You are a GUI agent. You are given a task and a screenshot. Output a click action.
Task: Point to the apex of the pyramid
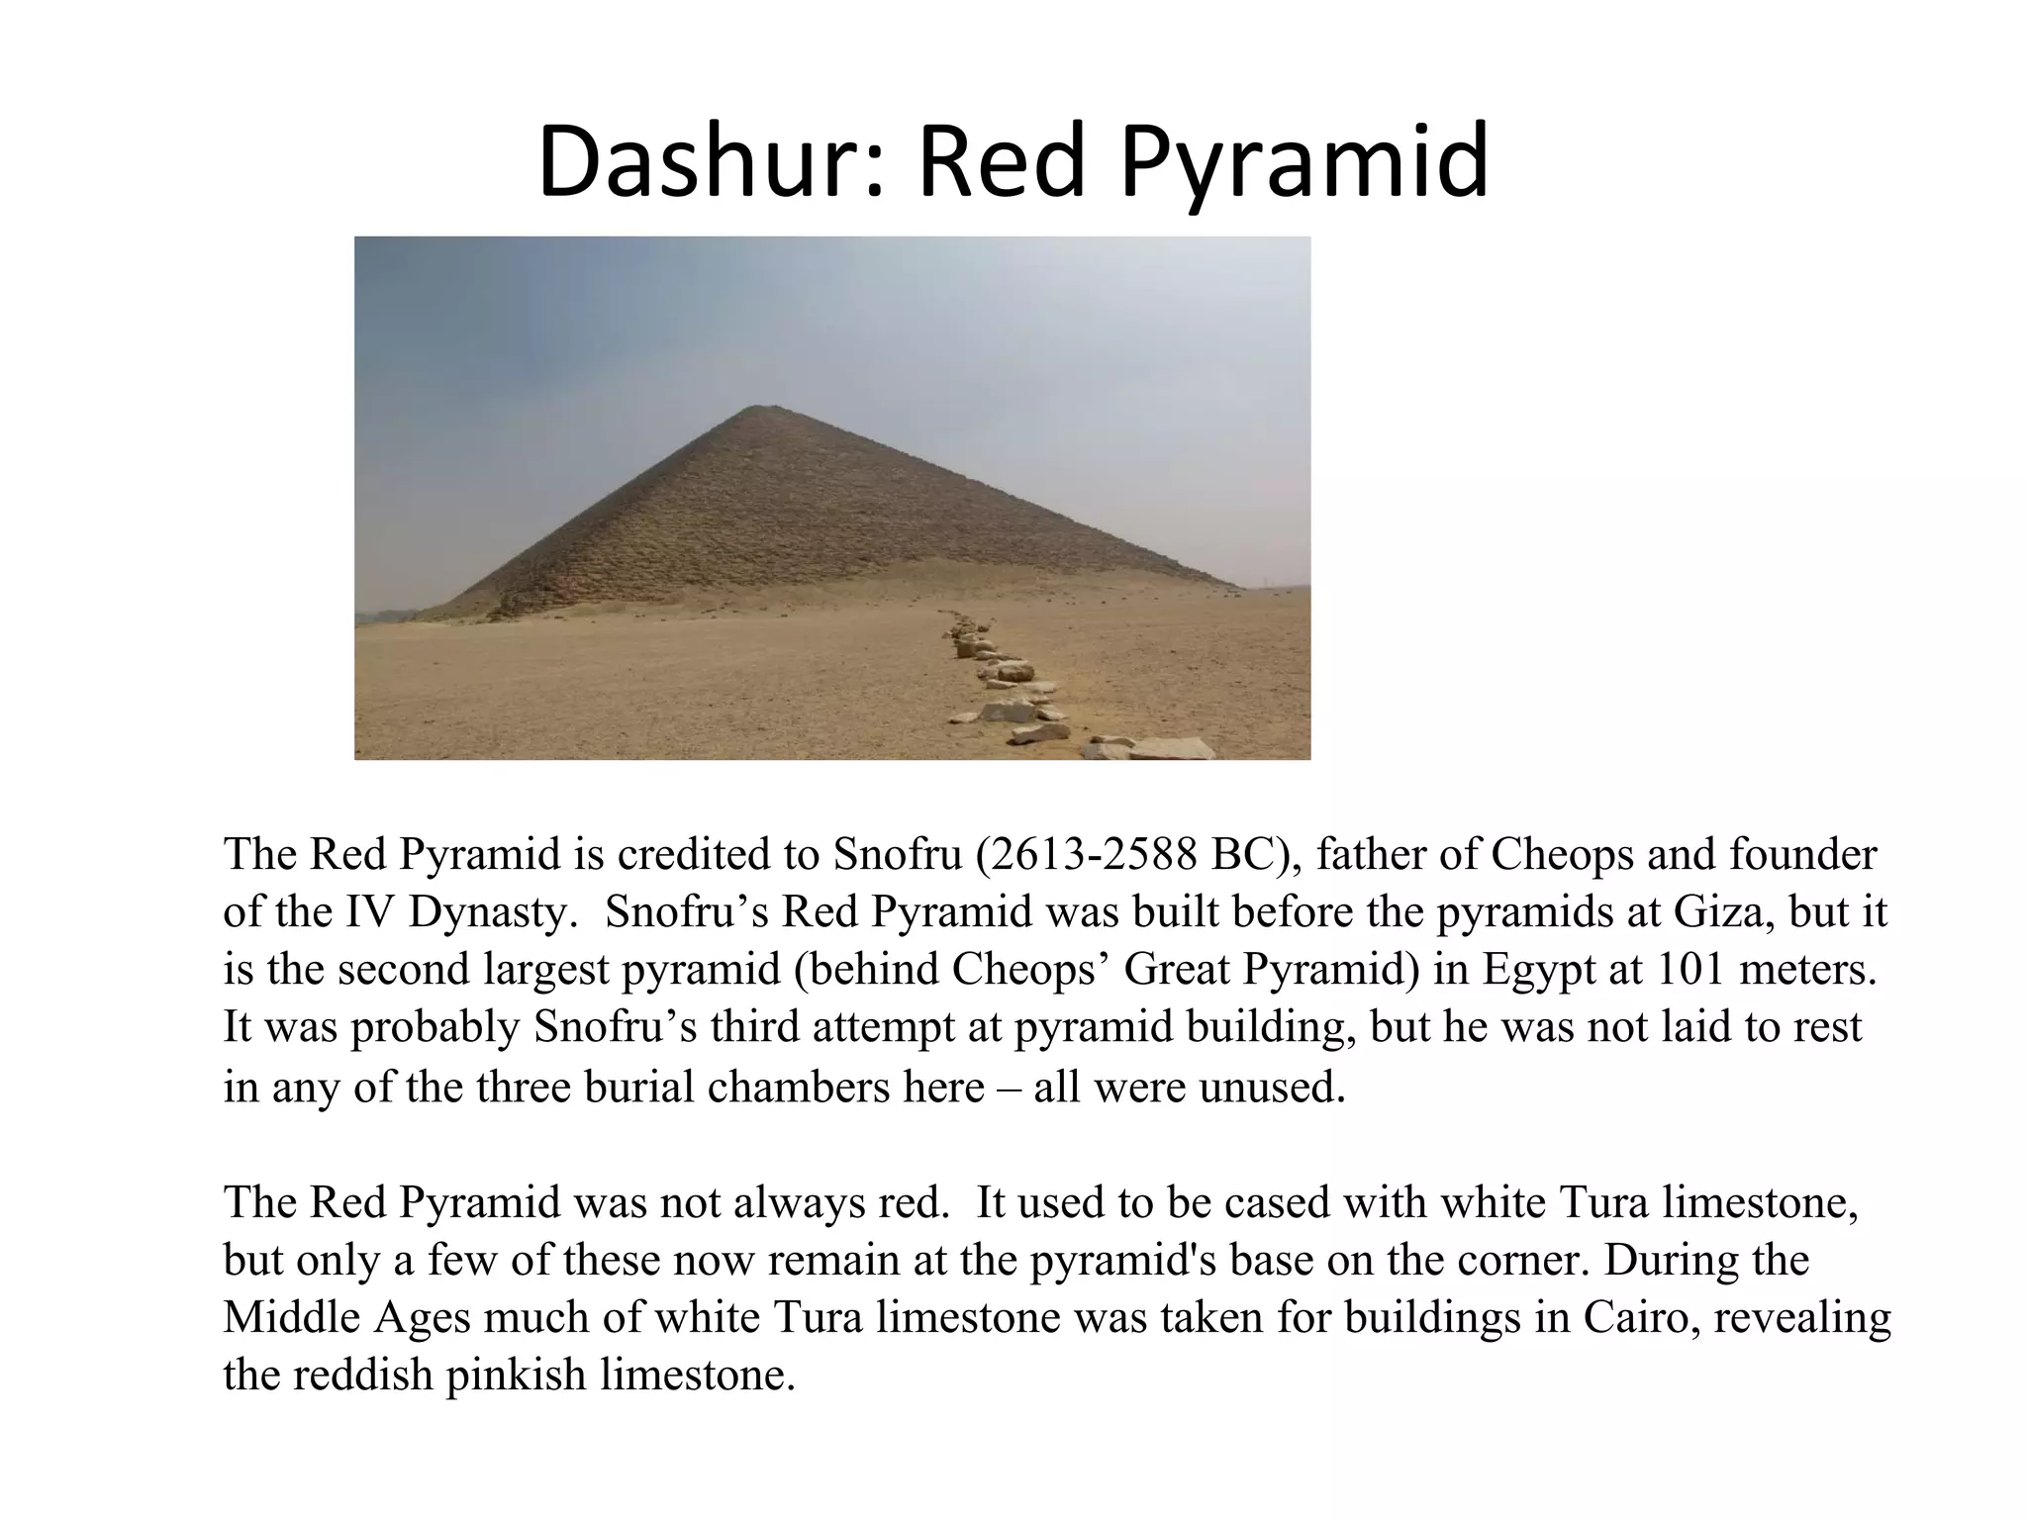[x=757, y=408]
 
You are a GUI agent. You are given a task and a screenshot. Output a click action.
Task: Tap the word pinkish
[x=516, y=1376]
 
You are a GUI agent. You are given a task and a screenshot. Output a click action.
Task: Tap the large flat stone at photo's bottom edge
[x=1171, y=748]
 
